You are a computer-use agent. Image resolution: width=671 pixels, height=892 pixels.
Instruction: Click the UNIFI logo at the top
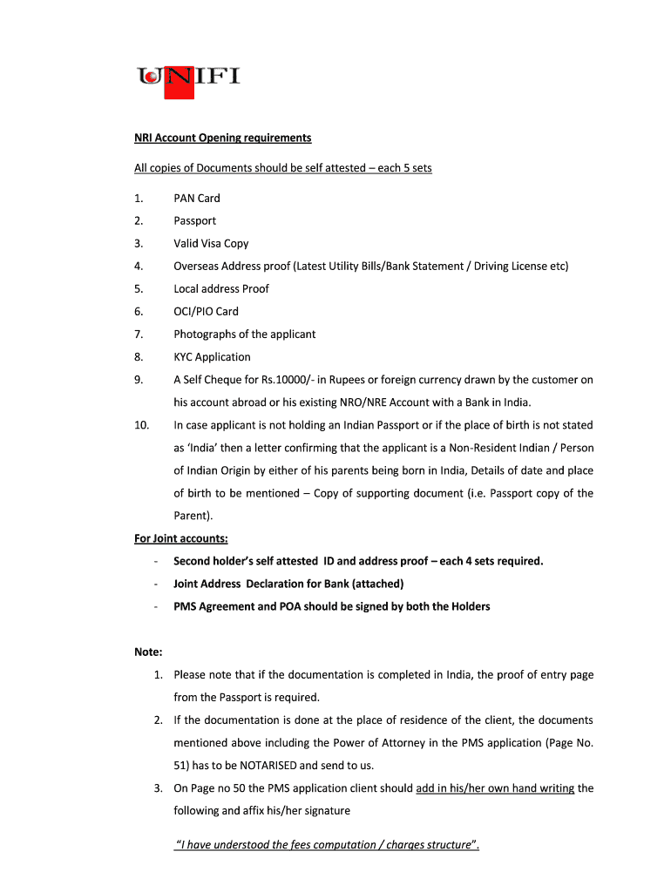(x=188, y=77)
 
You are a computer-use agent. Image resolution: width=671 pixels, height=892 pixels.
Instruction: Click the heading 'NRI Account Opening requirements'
(x=222, y=138)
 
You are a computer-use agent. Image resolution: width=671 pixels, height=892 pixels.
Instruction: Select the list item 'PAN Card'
(x=197, y=199)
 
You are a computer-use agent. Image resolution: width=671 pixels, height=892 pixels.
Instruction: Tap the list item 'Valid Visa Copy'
(x=211, y=244)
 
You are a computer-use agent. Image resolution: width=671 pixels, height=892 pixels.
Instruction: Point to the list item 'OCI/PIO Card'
(x=206, y=312)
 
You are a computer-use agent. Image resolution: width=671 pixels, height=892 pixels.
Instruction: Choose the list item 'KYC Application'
(x=212, y=357)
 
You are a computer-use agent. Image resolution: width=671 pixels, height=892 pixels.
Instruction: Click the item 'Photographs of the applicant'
(x=244, y=334)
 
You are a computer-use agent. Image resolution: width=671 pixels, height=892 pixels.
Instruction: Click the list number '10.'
(x=141, y=425)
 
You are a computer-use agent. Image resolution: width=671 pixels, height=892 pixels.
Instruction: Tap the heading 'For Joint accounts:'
(x=180, y=538)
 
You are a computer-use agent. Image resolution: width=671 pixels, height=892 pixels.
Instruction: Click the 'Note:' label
(x=148, y=652)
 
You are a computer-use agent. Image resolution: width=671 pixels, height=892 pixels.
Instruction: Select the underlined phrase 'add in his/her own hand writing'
(x=495, y=788)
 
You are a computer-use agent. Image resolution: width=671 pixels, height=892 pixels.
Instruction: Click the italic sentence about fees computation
(x=328, y=845)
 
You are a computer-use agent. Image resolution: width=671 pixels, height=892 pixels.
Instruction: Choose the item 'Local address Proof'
(x=221, y=289)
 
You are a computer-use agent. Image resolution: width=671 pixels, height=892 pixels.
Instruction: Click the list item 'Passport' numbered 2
(x=194, y=221)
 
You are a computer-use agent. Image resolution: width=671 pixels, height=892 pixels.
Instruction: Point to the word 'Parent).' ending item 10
(x=193, y=516)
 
